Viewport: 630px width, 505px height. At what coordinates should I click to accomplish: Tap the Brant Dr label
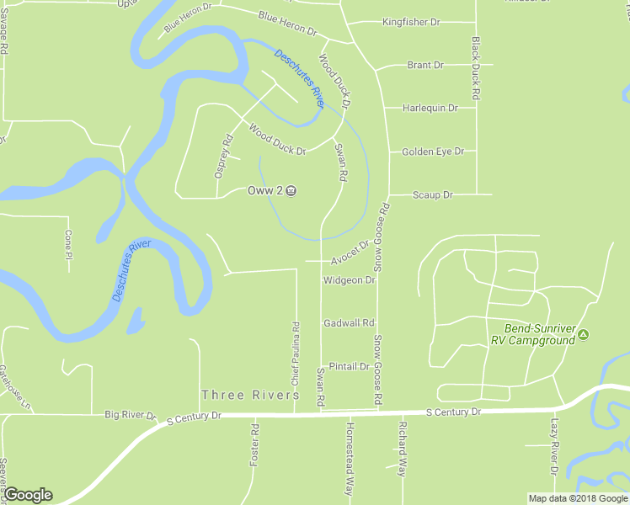click(424, 65)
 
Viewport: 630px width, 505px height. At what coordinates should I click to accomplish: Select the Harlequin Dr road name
click(430, 108)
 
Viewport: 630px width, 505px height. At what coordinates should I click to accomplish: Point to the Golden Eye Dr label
click(433, 151)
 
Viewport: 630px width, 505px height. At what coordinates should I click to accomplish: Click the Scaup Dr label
click(433, 194)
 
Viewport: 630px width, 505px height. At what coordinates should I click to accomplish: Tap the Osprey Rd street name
click(222, 157)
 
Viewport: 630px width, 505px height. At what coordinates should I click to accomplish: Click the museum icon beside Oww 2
click(291, 191)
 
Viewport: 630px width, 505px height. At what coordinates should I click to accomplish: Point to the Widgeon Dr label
click(349, 280)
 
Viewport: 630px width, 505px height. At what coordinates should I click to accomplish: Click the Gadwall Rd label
click(349, 323)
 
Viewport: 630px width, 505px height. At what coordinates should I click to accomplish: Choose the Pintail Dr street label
click(349, 367)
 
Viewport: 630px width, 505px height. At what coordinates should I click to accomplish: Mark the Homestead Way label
click(348, 459)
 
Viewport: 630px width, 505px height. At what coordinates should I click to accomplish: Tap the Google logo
click(28, 495)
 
